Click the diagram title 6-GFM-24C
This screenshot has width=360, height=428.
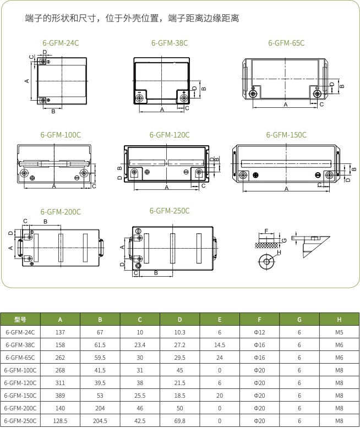[61, 43]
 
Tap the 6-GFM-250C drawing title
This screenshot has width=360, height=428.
[170, 211]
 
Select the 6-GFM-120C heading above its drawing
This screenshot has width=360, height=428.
[170, 135]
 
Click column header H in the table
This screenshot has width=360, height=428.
[339, 320]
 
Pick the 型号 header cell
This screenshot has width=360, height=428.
[20, 320]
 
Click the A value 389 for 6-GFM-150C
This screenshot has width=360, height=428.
[60, 396]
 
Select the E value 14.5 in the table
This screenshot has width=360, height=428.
[220, 345]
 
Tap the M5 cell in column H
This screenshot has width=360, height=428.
[339, 332]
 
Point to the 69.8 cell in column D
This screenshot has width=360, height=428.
[180, 421]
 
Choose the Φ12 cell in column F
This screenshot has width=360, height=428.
[259, 332]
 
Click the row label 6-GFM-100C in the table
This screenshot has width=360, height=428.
[20, 370]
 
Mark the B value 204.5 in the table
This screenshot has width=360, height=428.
[100, 421]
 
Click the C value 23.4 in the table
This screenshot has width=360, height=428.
[140, 345]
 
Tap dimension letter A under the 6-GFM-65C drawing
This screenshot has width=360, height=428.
[286, 105]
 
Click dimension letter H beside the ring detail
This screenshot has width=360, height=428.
[279, 253]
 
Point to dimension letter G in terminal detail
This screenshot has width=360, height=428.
[285, 240]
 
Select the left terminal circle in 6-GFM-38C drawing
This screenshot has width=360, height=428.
[139, 98]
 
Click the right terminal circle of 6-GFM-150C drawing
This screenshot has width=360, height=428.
[329, 175]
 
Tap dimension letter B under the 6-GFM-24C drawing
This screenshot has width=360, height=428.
[53, 111]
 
